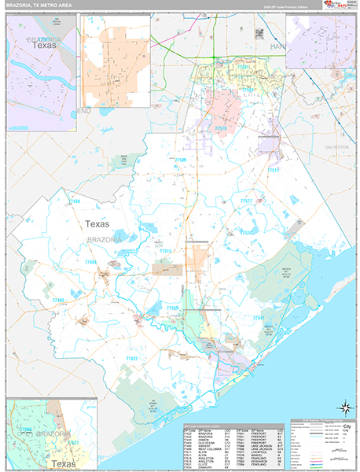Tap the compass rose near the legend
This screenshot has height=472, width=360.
coord(344,407)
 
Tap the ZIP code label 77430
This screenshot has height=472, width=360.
coord(73,202)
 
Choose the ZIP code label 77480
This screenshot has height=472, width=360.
coord(58,301)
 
